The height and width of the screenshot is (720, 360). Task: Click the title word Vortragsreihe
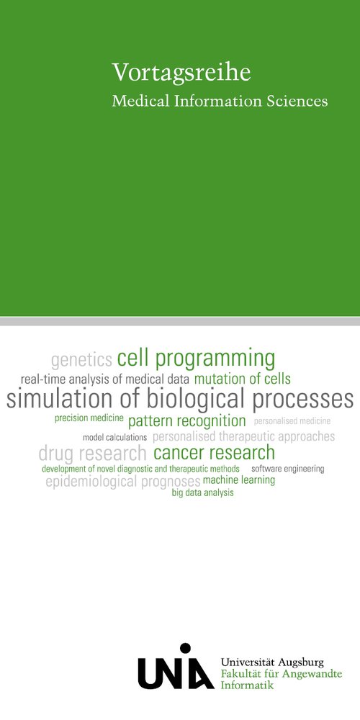(x=181, y=73)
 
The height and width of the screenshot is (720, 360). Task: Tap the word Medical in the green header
(x=141, y=101)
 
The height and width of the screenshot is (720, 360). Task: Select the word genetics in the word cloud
(x=82, y=361)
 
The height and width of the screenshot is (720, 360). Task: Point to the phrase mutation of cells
(x=243, y=379)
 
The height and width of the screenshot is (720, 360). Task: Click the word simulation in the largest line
(x=60, y=399)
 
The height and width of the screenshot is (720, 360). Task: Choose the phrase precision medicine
(x=89, y=418)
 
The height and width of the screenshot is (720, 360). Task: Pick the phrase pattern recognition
(x=187, y=421)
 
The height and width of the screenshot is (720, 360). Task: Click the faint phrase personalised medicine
(x=292, y=421)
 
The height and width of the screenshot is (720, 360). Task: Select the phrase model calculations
(x=114, y=438)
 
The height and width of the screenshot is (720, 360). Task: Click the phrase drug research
(x=92, y=454)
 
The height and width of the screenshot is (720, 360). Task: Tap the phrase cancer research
(x=214, y=453)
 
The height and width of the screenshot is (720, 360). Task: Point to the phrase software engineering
(x=288, y=469)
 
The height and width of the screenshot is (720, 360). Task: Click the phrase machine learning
(x=239, y=480)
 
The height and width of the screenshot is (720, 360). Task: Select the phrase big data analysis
(x=202, y=493)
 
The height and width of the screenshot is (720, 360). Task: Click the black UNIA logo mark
(x=176, y=666)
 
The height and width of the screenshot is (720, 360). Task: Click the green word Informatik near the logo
(x=247, y=685)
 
